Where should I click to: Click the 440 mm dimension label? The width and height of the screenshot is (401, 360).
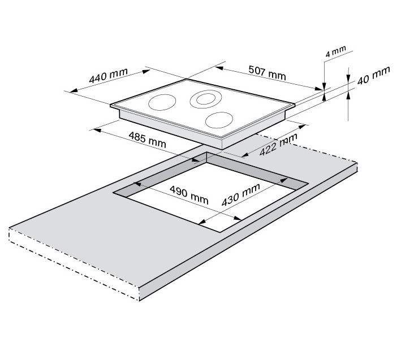click(x=108, y=75)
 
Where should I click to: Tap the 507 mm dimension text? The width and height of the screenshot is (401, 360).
click(x=268, y=72)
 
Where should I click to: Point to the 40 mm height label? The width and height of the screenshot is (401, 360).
click(x=374, y=75)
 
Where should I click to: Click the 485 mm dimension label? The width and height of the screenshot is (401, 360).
click(x=147, y=140)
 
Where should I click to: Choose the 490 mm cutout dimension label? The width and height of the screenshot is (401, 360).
click(x=189, y=194)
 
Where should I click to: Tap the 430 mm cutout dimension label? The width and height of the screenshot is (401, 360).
click(x=240, y=194)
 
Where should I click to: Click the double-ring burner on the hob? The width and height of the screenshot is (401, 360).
click(x=206, y=98)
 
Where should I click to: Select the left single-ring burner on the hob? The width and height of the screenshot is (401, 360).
click(x=162, y=102)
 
